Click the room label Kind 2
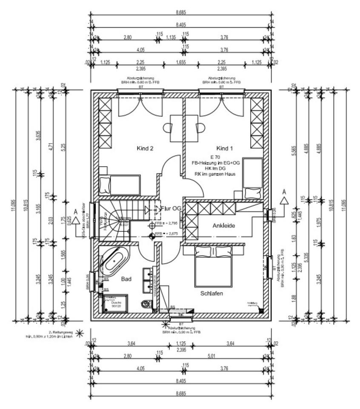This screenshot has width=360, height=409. pyautogui.click(x=145, y=149)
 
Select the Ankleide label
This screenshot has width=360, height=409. pyautogui.click(x=224, y=225)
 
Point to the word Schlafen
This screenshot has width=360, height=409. pyautogui.click(x=212, y=294)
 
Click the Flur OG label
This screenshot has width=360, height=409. pyautogui.click(x=171, y=208)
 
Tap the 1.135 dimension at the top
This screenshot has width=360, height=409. pyautogui.click(x=171, y=37)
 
